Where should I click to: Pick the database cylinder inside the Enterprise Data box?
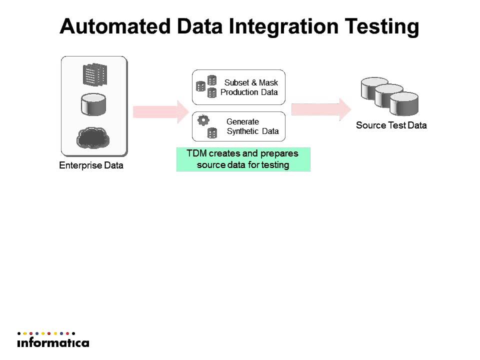point(93,104)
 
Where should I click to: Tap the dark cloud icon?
point(93,138)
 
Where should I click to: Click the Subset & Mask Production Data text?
point(249,87)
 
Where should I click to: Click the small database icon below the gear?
point(212,133)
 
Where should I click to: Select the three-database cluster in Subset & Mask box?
point(206,86)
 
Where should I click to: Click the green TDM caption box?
point(243,159)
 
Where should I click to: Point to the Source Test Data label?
point(391,125)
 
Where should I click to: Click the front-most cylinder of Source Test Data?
point(404,104)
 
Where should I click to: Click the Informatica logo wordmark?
point(53,343)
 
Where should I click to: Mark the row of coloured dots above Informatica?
point(46,333)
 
